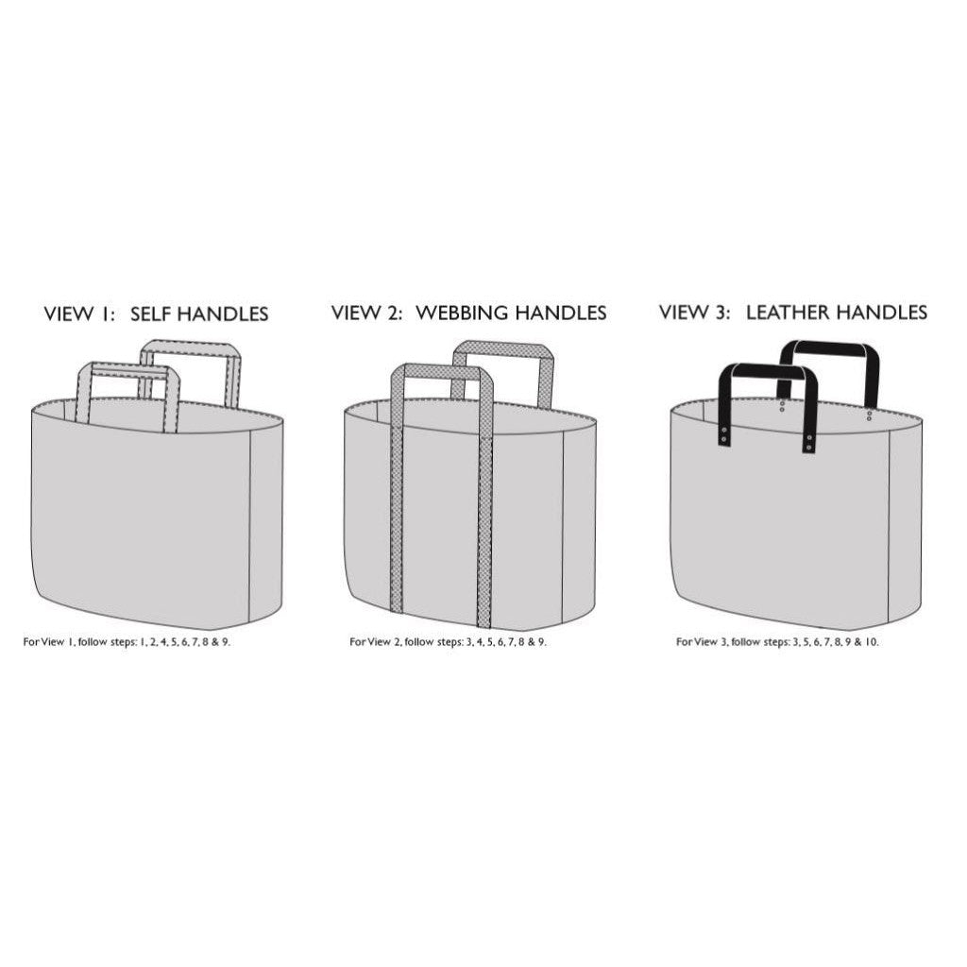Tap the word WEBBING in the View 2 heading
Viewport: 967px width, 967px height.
[x=463, y=314]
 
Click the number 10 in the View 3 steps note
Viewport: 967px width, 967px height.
[x=870, y=642]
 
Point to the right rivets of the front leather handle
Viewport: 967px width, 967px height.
[x=809, y=442]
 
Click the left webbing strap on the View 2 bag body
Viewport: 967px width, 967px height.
[x=397, y=518]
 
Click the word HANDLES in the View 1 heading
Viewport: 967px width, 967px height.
[x=223, y=314]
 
